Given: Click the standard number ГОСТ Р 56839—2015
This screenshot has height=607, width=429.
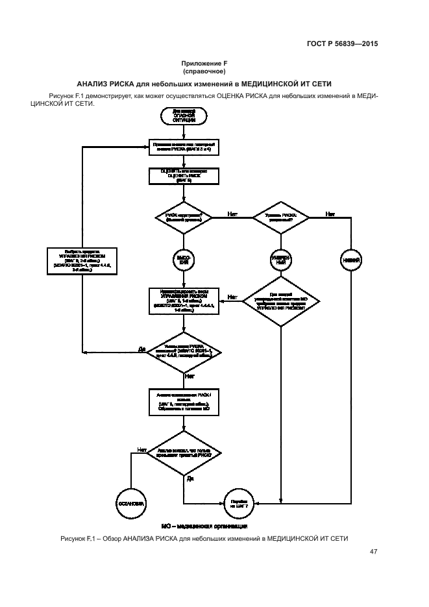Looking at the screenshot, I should [342, 45].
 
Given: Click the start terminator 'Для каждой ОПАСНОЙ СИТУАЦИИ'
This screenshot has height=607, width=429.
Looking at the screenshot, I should [184, 116].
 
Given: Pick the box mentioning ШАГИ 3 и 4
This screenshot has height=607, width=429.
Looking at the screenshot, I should [184, 145].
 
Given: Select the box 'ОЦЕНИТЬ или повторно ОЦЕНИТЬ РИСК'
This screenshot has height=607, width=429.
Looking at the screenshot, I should [184, 177].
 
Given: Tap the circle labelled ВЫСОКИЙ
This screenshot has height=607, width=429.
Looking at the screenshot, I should [184, 260].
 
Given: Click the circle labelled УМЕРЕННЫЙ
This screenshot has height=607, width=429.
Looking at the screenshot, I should [280, 260].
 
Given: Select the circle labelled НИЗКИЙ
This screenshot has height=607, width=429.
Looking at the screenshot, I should [351, 260].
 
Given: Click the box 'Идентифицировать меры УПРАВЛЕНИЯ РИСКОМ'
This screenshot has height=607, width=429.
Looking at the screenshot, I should [184, 300].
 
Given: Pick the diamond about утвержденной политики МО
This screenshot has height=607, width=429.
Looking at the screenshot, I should [280, 300].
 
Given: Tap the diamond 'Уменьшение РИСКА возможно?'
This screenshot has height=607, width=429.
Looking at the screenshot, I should [184, 351].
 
